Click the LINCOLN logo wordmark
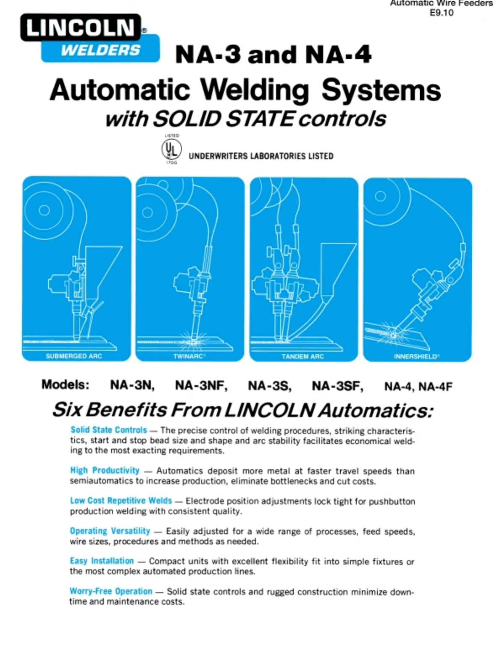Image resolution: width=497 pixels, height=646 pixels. (x=81, y=28)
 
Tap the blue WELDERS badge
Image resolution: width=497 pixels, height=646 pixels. (x=100, y=50)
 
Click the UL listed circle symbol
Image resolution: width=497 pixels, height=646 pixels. (x=171, y=149)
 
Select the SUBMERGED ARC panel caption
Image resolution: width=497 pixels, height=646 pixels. (x=74, y=356)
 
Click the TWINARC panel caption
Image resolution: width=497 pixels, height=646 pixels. (x=189, y=356)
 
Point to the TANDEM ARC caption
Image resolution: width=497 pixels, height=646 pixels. (x=303, y=356)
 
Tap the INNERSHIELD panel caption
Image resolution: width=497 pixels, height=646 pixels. (x=417, y=356)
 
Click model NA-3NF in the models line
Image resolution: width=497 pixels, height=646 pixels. (x=201, y=385)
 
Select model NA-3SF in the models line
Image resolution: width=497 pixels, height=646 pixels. (x=337, y=385)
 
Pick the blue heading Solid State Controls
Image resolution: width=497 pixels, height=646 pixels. (x=109, y=430)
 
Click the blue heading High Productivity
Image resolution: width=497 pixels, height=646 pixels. (x=105, y=470)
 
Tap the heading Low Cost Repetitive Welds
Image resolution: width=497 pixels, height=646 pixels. (x=121, y=500)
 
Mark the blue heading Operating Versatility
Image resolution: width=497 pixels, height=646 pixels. (x=110, y=531)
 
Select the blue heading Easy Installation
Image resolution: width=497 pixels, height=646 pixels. (x=102, y=561)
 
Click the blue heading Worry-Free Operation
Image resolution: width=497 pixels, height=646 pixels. (x=111, y=591)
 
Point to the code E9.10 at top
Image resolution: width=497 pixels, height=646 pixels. (x=442, y=13)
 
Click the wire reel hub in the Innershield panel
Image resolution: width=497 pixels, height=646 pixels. (x=380, y=196)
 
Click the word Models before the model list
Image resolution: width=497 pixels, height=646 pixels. (x=65, y=385)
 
